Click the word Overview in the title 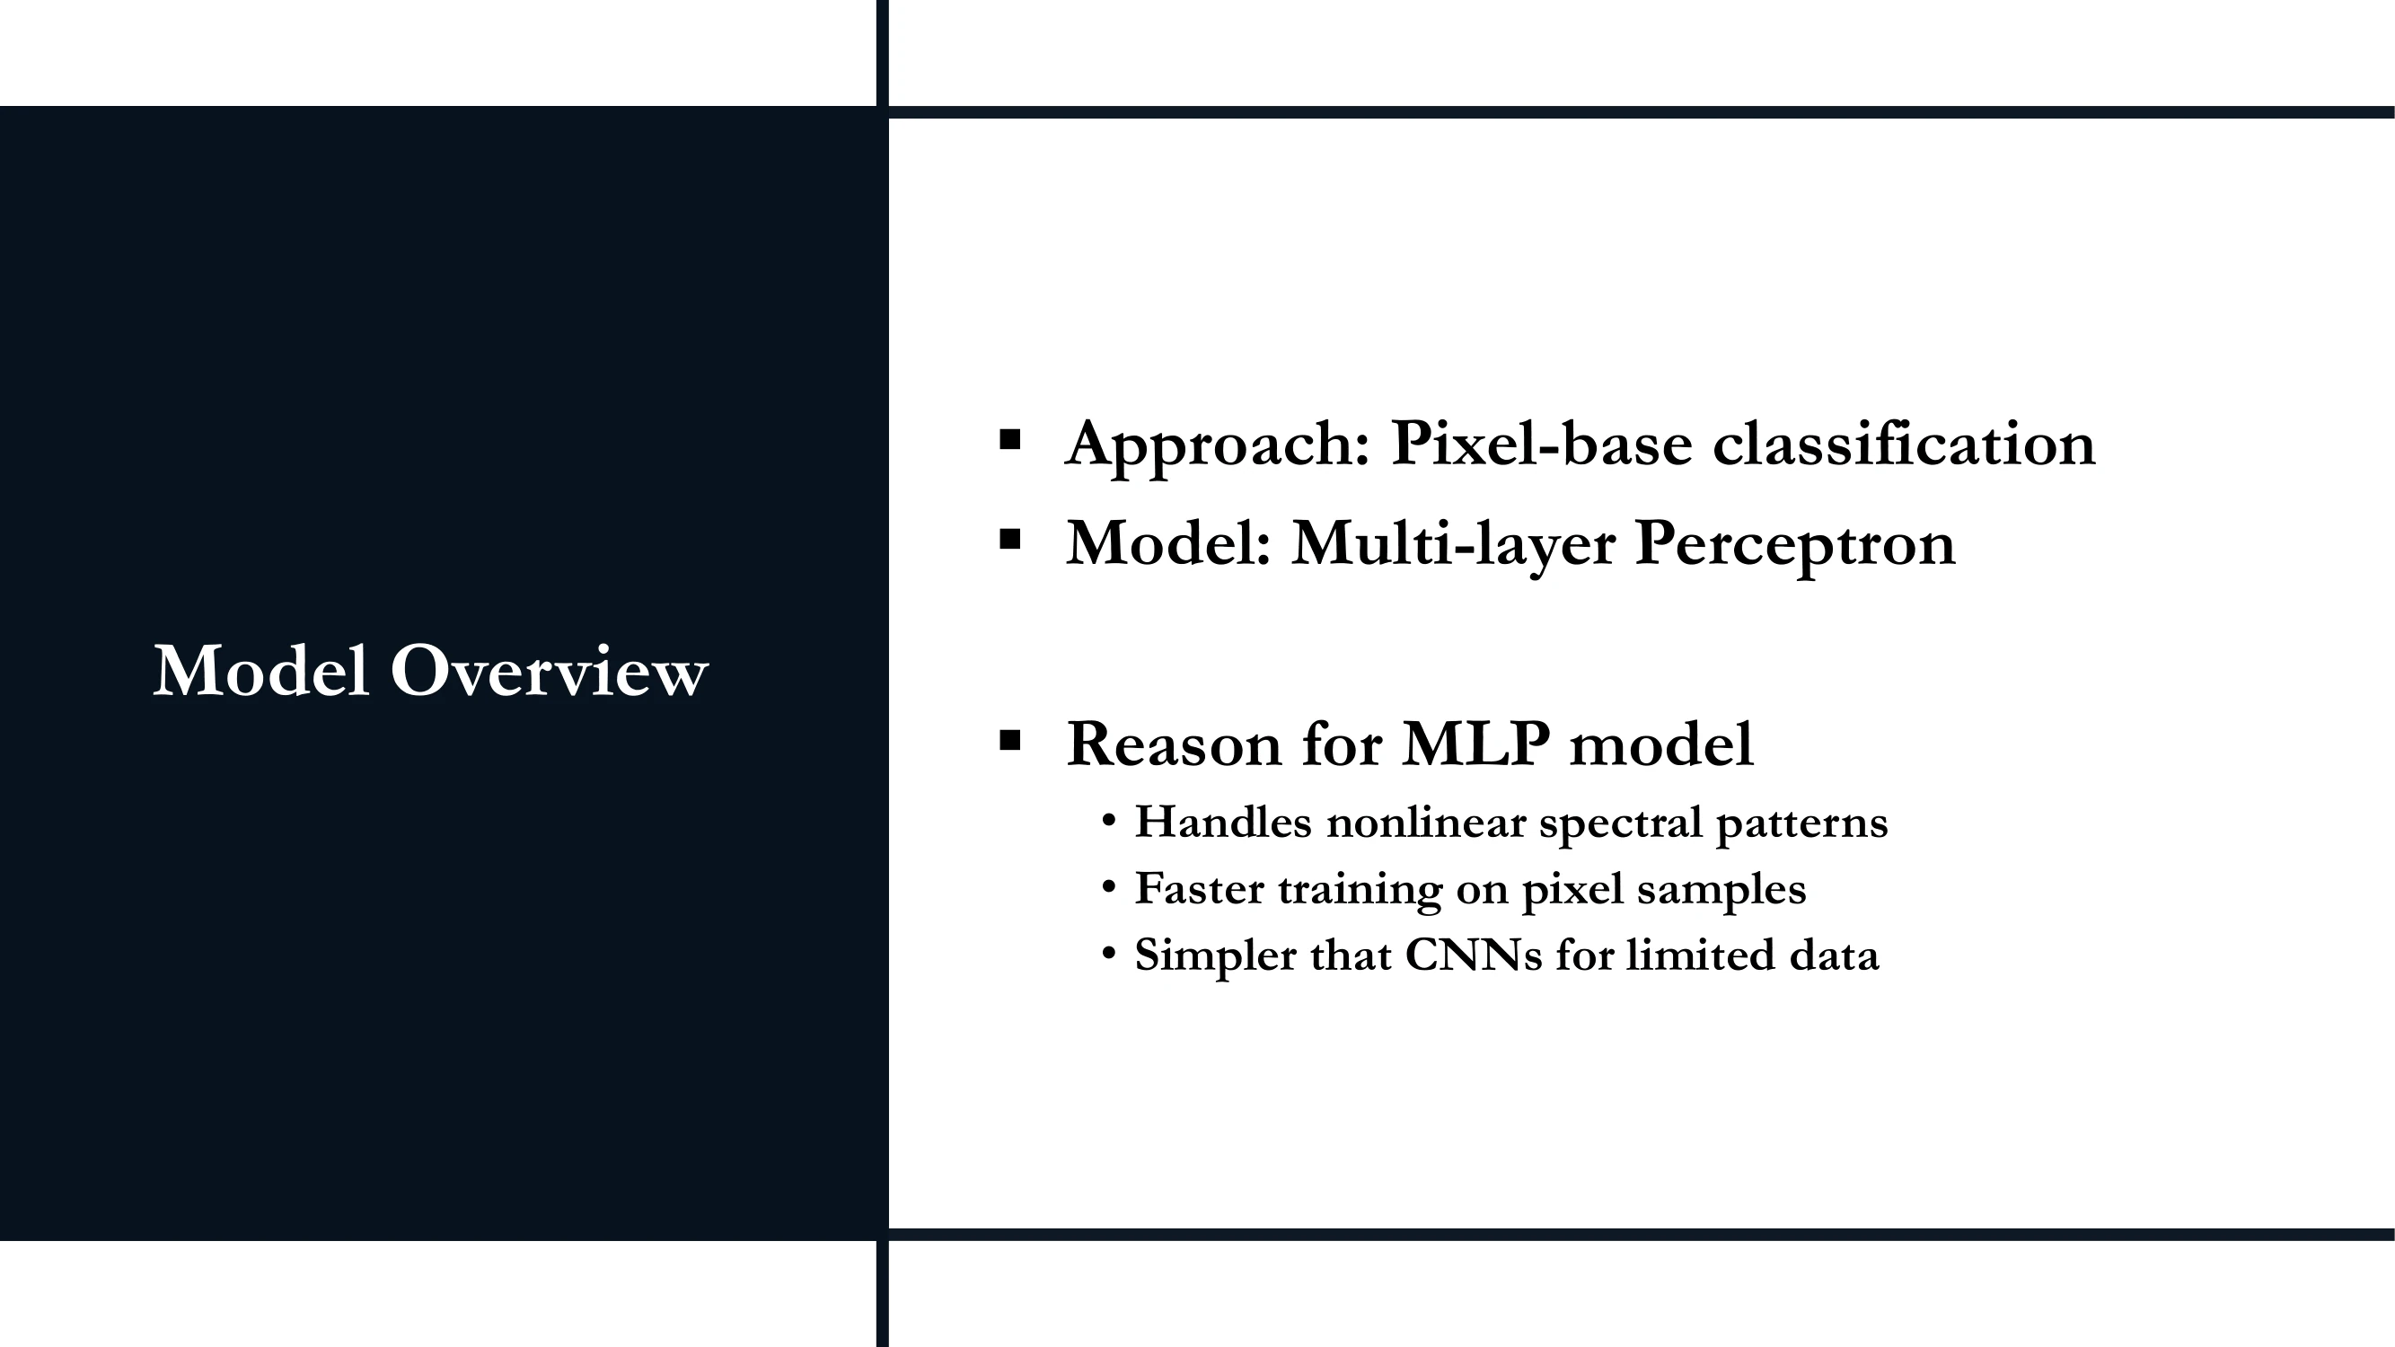[x=550, y=670]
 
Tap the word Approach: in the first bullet [x=1218, y=445]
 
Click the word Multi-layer [x=1453, y=545]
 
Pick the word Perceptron [x=1795, y=545]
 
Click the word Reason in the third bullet [x=1175, y=744]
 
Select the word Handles [x=1223, y=822]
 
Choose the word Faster [x=1200, y=888]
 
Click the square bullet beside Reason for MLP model [x=1009, y=740]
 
